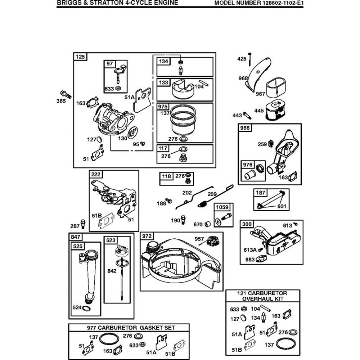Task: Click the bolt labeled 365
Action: point(66,94)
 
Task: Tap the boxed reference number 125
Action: point(80,57)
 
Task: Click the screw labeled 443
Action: point(247,115)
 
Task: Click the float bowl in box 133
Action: point(183,89)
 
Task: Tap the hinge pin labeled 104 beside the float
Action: point(204,83)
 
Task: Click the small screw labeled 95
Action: point(143,144)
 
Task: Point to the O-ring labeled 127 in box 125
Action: point(99,139)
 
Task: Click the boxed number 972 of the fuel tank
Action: point(147,236)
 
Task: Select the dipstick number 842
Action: point(112,271)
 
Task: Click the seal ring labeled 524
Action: point(86,309)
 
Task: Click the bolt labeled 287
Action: point(83,224)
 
